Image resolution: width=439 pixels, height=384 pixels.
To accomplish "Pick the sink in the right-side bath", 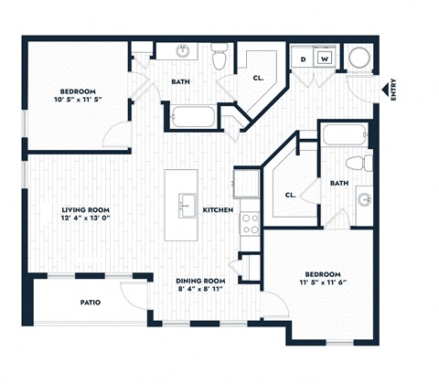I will point(364,198).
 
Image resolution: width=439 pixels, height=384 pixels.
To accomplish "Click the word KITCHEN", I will point(217,211).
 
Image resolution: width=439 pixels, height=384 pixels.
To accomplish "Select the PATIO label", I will point(90,303).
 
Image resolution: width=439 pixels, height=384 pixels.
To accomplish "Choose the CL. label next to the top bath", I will point(258,79).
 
